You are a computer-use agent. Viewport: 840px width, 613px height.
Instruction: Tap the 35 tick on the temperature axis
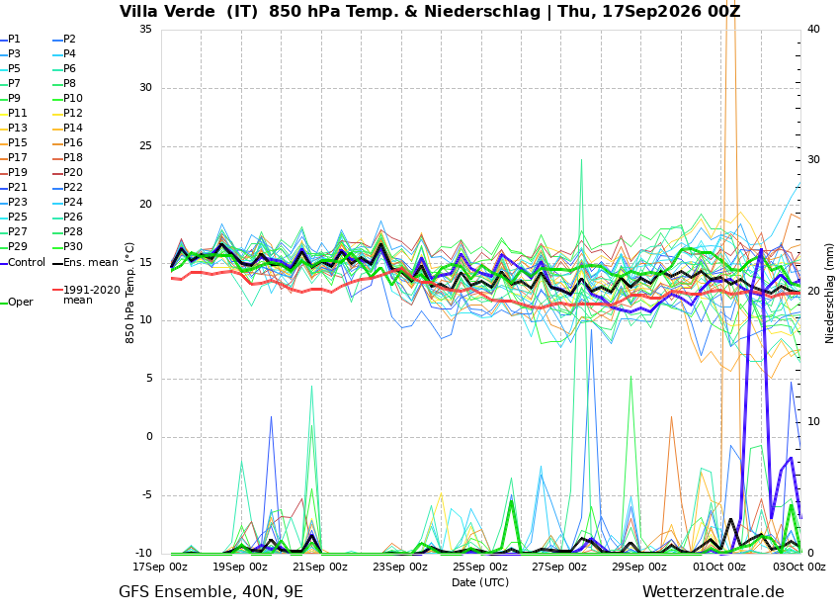click(x=145, y=29)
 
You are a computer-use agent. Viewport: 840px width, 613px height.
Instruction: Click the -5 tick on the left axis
click(x=145, y=494)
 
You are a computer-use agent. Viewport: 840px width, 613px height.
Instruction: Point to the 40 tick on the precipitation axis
click(x=813, y=29)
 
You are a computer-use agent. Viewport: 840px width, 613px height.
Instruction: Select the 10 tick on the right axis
click(x=813, y=422)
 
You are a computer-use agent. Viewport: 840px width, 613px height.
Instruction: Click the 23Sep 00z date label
click(x=400, y=567)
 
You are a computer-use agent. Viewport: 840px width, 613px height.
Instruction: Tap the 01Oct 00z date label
click(x=719, y=567)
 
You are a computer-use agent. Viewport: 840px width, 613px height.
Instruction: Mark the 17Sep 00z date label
click(x=160, y=567)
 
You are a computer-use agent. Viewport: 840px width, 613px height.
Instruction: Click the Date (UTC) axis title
click(x=480, y=582)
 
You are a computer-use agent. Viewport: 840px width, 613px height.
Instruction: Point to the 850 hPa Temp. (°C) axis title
click(x=130, y=293)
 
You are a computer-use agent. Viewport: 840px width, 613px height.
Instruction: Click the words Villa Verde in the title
click(x=167, y=11)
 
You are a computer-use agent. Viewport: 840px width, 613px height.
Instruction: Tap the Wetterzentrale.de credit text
click(x=714, y=592)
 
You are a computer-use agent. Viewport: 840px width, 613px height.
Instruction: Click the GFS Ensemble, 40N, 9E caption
click(x=210, y=592)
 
